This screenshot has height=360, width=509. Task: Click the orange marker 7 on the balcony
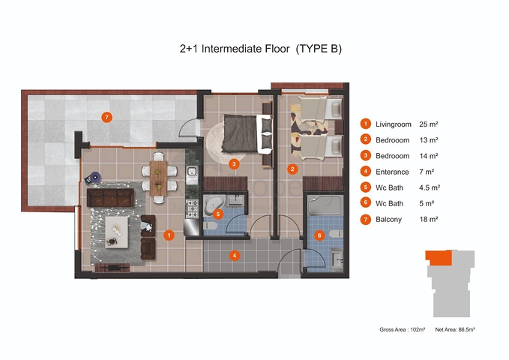[x=106, y=117]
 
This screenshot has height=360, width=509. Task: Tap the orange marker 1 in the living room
[x=169, y=235]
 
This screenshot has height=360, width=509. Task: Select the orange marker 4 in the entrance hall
[x=235, y=256]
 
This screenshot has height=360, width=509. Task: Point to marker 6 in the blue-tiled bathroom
[x=319, y=235]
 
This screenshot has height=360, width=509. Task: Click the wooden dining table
[x=159, y=178]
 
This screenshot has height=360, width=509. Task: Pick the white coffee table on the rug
[x=116, y=232]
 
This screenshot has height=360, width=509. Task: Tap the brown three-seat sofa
[x=110, y=197]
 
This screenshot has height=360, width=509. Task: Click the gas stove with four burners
[x=191, y=208]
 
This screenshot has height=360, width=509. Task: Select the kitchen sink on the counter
[x=192, y=172]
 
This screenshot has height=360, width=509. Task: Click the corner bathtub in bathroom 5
[x=214, y=203]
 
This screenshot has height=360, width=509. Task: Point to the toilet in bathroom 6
[x=336, y=233]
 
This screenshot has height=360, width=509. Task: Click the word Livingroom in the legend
[x=393, y=124]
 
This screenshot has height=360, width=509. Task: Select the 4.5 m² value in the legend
[x=430, y=187]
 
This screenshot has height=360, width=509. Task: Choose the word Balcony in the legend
[x=388, y=220]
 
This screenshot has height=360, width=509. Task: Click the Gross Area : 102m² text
[x=403, y=329]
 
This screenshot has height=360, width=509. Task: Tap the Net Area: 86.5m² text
[x=455, y=329]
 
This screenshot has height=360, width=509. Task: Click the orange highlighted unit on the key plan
[x=439, y=258]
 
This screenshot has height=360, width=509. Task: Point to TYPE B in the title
[x=319, y=49]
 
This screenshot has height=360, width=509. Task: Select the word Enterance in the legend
[x=392, y=172]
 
